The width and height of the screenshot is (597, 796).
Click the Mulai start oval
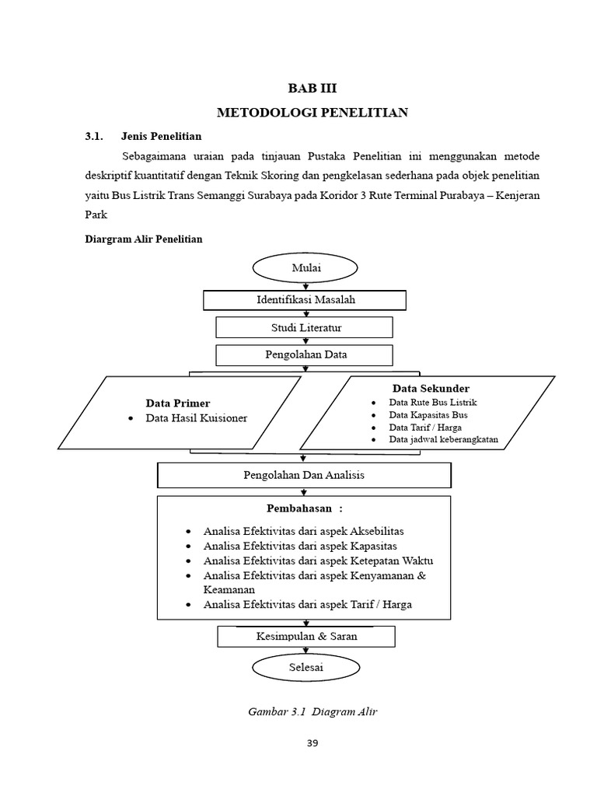pyautogui.click(x=305, y=268)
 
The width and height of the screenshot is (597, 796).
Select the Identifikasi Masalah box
pyautogui.click(x=305, y=299)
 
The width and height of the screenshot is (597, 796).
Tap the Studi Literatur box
pyautogui.click(x=305, y=327)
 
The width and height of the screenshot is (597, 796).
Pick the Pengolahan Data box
pyautogui.click(x=305, y=354)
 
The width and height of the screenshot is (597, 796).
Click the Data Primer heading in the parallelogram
pyautogui.click(x=178, y=403)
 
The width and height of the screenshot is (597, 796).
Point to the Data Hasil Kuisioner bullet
pyautogui.click(x=197, y=418)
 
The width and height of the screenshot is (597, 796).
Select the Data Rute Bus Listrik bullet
pyautogui.click(x=433, y=402)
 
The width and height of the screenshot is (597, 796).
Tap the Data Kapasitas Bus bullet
pyautogui.click(x=428, y=414)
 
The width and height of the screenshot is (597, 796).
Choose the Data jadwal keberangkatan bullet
pyautogui.click(x=443, y=439)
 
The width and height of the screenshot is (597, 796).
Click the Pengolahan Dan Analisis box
pyautogui.click(x=304, y=475)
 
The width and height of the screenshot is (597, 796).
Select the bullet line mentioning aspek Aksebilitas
pyautogui.click(x=303, y=531)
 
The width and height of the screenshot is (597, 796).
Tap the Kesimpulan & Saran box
pyautogui.click(x=306, y=636)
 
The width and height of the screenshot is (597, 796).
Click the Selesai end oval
pyautogui.click(x=305, y=667)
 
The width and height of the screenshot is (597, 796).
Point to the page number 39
pyautogui.click(x=312, y=742)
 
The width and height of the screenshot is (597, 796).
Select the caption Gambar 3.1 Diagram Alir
pyautogui.click(x=312, y=711)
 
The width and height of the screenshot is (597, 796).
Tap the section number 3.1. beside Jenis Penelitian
pyautogui.click(x=94, y=136)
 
